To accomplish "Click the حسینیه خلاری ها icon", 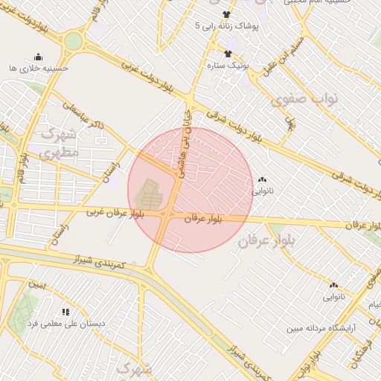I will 39,57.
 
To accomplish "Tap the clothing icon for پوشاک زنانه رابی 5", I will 227,14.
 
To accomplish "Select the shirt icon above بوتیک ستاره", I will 228,54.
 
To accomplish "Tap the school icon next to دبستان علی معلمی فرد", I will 65,312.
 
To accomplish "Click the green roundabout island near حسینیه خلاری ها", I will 72,41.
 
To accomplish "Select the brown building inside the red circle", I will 147,195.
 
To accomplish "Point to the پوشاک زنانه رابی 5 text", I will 226,26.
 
